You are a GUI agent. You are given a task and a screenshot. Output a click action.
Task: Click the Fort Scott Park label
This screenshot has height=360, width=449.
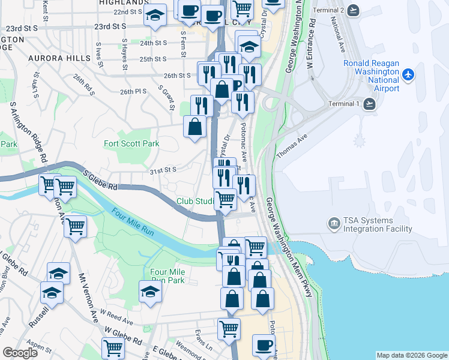tap(131, 143)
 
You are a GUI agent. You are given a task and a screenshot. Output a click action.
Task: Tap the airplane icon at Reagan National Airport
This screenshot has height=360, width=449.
tap(409, 74)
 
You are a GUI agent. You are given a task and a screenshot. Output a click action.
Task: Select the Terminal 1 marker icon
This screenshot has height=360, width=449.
tap(369, 104)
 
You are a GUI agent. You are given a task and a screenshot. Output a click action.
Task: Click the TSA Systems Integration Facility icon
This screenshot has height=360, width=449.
tap(333, 224)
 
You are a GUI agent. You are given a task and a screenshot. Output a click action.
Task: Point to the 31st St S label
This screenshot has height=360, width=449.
tap(162, 170)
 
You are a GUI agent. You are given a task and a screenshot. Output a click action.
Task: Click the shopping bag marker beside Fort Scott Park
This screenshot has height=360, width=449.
tap(194, 127)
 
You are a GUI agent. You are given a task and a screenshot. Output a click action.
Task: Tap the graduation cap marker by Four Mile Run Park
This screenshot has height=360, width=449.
tap(150, 292)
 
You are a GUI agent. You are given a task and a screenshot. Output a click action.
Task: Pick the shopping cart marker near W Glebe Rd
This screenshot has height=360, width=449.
tap(113, 347)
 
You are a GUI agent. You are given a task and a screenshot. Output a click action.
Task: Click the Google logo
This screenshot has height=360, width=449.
tap(20, 353)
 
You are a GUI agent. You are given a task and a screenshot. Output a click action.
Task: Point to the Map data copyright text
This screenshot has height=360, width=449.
tap(411, 355)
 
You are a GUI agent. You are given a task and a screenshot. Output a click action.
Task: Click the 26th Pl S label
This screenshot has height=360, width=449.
tap(133, 92)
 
